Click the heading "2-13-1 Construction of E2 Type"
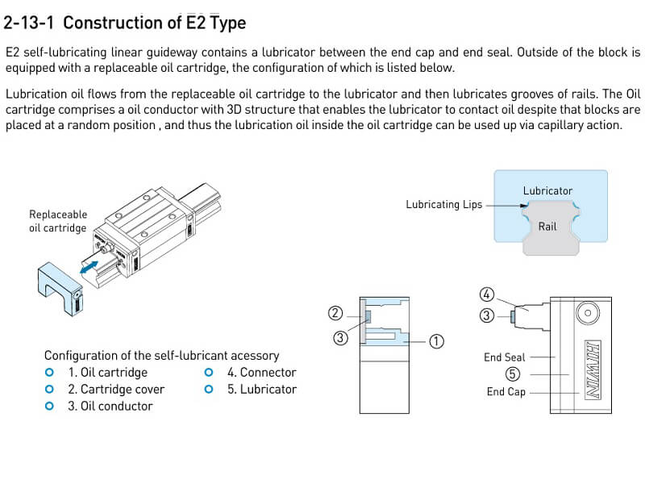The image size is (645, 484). point(125,23)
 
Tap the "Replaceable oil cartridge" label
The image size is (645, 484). point(57,221)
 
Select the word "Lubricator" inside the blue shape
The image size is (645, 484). point(547,191)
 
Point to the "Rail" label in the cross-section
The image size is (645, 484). point(547,227)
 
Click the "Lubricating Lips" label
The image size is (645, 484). point(443,205)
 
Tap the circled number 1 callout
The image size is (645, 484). point(436,341)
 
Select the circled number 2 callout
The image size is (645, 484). point(336,312)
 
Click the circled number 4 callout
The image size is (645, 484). point(486,294)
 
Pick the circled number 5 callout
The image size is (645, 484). point(513,374)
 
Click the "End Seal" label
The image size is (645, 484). point(504,357)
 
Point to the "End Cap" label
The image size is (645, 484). point(506,392)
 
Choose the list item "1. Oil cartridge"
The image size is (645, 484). point(107,373)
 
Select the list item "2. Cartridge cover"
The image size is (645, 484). point(115,390)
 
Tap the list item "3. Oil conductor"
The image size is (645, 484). point(110,407)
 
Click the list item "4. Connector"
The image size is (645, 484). point(261,373)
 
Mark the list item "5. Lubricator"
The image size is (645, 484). point(261,390)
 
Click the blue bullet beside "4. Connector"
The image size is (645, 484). point(209,373)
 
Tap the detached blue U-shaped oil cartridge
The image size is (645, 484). point(60,286)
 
